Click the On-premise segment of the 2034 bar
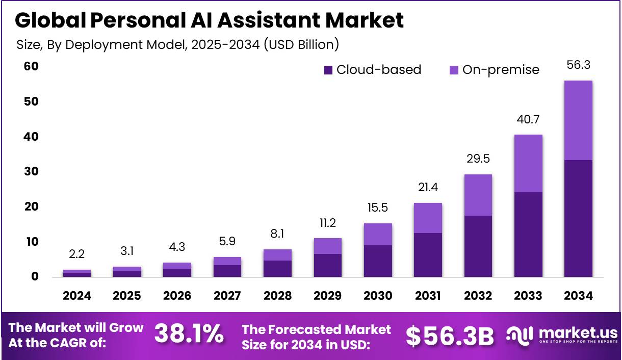[578, 120]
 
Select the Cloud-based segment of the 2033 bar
[528, 235]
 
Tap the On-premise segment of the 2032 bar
[478, 195]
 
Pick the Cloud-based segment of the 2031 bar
[428, 255]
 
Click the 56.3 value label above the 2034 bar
[578, 65]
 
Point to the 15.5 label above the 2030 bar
[378, 208]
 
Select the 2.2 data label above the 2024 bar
[77, 254]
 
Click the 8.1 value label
[277, 234]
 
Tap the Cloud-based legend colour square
[328, 70]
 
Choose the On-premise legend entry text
[500, 70]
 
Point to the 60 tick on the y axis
[31, 66]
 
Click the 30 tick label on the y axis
[31, 172]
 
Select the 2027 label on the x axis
[227, 296]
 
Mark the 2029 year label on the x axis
[328, 296]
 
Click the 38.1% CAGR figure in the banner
[189, 335]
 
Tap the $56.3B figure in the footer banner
[450, 336]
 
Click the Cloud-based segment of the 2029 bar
[328, 265]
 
